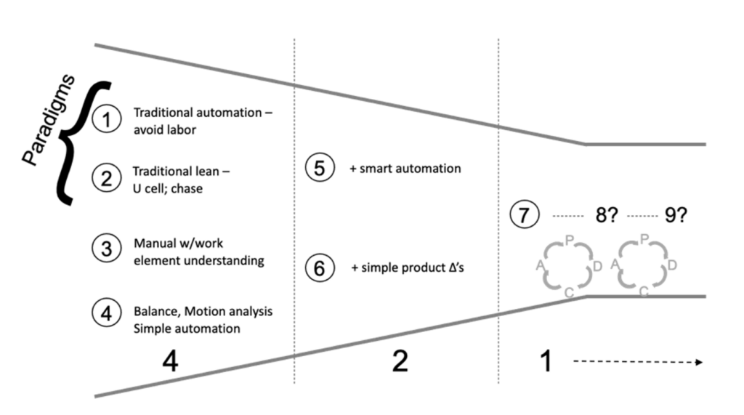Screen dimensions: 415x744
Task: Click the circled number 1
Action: pyautogui.click(x=108, y=120)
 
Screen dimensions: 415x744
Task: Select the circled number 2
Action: pyautogui.click(x=107, y=179)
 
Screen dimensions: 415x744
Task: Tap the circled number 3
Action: pyautogui.click(x=107, y=248)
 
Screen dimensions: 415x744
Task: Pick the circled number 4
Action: pyautogui.click(x=107, y=313)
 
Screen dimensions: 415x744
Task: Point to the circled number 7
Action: pyautogui.click(x=524, y=216)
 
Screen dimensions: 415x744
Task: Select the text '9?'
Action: pyautogui.click(x=675, y=216)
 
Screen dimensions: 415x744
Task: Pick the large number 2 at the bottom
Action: pyautogui.click(x=399, y=360)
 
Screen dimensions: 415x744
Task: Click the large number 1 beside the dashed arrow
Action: pyautogui.click(x=545, y=360)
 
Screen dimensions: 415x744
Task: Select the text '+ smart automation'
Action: pyautogui.click(x=411, y=169)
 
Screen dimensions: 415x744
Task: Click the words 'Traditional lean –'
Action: pyautogui.click(x=175, y=172)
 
